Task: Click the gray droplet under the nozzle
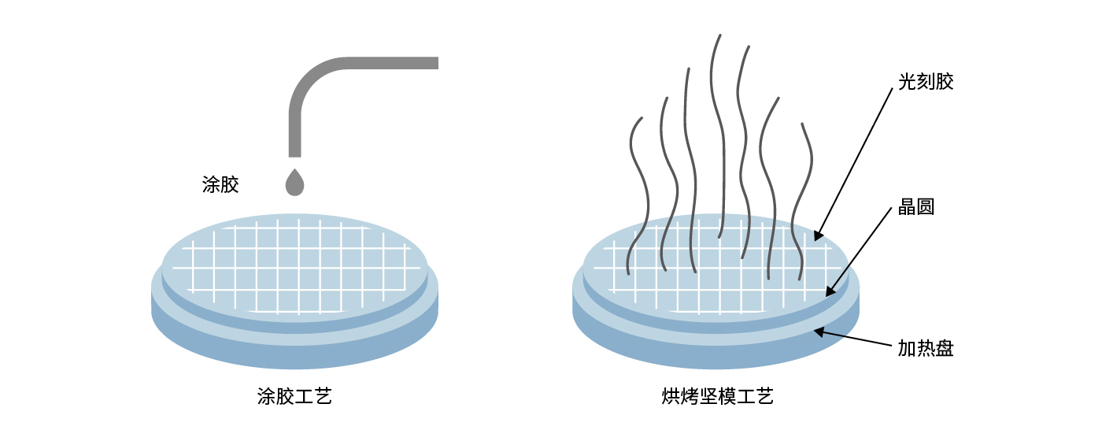[294, 183]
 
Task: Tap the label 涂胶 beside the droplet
[220, 185]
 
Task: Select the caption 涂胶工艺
[294, 396]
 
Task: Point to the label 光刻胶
[926, 82]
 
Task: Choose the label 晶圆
[916, 209]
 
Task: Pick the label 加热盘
[926, 348]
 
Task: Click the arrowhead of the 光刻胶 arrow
[817, 236]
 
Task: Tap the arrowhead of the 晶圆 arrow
[828, 293]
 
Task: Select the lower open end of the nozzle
[295, 154]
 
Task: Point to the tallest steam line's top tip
[719, 35]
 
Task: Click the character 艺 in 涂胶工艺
[323, 396]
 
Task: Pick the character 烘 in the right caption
[670, 396]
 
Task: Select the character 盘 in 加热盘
[945, 348]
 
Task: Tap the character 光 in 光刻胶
[908, 82]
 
